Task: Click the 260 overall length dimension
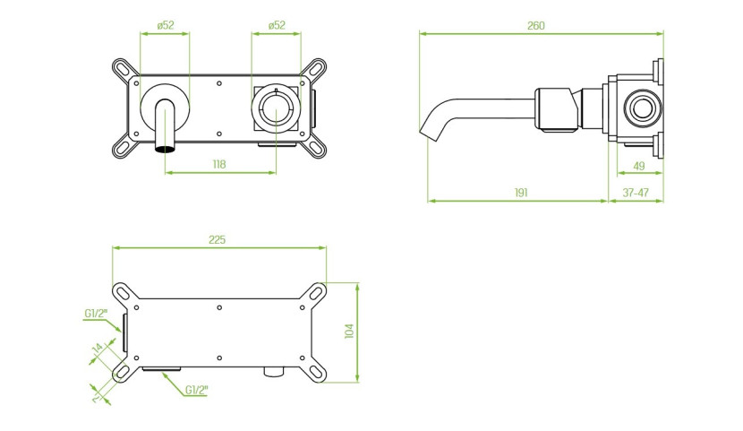[x=536, y=26]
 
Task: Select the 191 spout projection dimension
[x=521, y=193]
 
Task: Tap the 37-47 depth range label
[x=636, y=193]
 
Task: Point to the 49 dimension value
[x=639, y=166]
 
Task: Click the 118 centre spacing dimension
[x=219, y=165]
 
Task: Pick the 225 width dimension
[x=217, y=240]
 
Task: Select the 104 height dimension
[x=349, y=331]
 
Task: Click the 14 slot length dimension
[x=98, y=348]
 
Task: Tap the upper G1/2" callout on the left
[x=96, y=314]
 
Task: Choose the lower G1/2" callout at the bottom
[x=196, y=390]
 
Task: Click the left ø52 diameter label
[x=166, y=26]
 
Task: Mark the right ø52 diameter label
[x=277, y=26]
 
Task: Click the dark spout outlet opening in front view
[x=165, y=150]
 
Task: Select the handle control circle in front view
[x=276, y=108]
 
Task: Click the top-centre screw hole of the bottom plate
[x=219, y=307]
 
